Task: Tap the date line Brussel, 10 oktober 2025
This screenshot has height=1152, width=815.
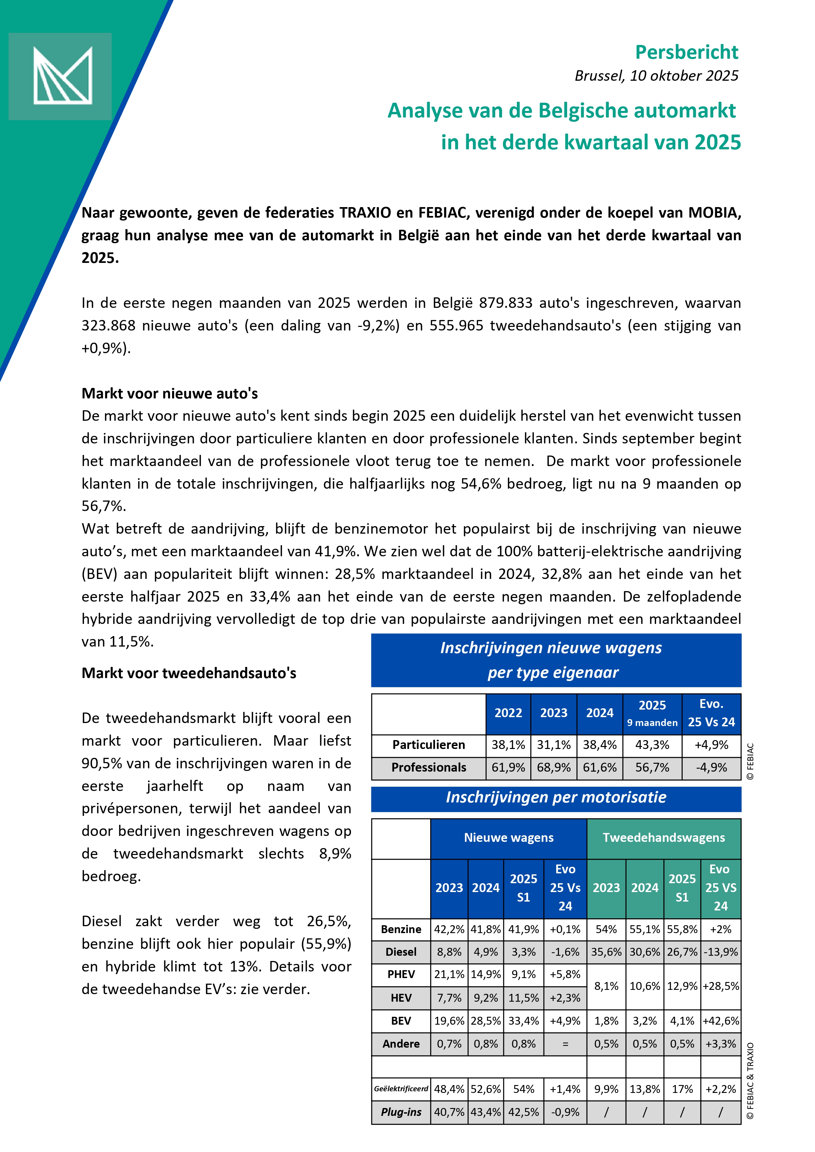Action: [x=656, y=76]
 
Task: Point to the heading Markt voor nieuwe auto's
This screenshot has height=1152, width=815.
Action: [x=170, y=394]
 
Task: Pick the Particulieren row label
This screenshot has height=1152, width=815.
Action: [x=429, y=745]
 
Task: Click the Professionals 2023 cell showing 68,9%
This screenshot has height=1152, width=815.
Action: [x=554, y=768]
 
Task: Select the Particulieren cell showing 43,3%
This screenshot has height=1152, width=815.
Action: [x=652, y=745]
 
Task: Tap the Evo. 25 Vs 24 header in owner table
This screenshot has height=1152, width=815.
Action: [x=711, y=713]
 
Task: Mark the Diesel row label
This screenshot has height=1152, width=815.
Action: [x=401, y=952]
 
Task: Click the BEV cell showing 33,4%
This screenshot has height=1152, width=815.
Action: [x=523, y=1021]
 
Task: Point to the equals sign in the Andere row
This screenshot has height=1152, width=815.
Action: [x=565, y=1044]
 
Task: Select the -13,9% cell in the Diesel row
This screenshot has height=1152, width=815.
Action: [x=721, y=952]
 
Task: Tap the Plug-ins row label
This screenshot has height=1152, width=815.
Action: [x=401, y=1112]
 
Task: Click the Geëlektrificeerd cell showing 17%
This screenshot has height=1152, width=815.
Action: [x=682, y=1089]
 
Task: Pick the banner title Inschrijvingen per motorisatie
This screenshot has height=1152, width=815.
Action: [x=556, y=797]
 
